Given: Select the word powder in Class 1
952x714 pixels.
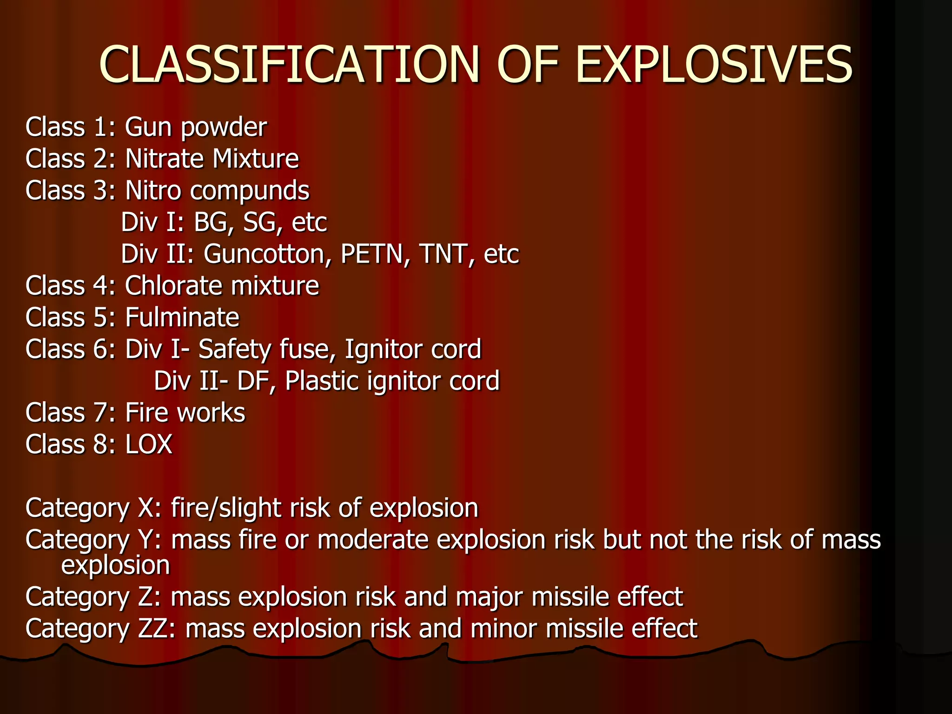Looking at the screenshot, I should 224,128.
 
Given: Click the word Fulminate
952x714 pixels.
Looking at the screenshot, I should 182,318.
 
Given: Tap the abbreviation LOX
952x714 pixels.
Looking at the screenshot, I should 149,444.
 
